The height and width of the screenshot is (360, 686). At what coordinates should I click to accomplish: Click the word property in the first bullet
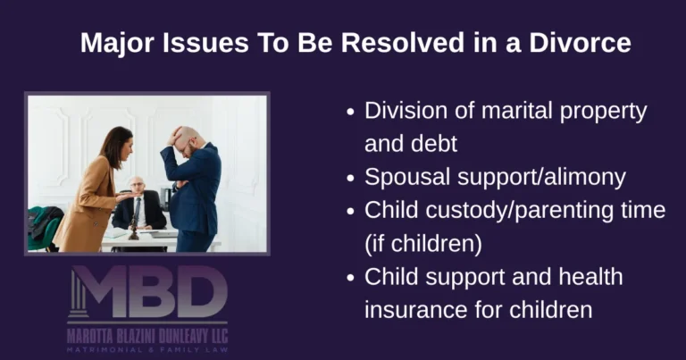click(596, 113)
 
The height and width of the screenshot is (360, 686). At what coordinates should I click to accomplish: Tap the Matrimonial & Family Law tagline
click(147, 349)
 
